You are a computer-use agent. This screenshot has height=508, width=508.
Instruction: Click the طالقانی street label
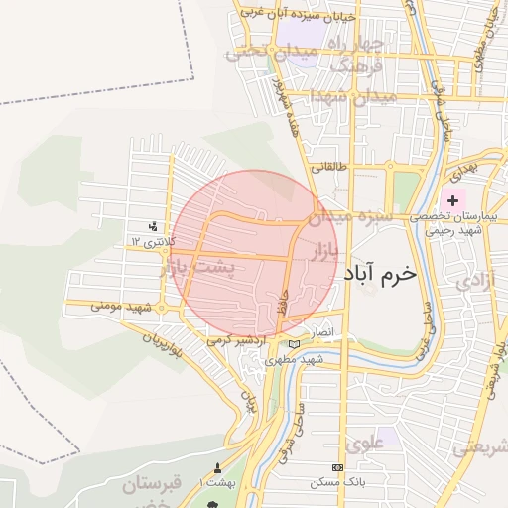pos(329,168)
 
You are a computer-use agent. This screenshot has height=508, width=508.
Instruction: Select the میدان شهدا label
pos(352,97)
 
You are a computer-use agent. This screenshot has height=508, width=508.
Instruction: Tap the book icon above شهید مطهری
pos(292,343)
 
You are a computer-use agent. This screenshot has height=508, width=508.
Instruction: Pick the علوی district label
pos(362,442)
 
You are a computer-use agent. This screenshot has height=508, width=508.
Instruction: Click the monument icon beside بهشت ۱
pos(217,467)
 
